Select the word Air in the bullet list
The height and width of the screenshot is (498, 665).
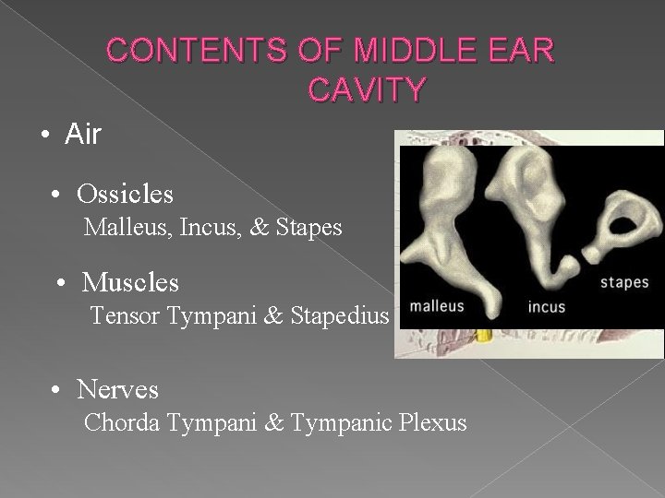pos(83,135)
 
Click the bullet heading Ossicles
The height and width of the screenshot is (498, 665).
pos(125,195)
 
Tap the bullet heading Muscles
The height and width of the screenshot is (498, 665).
pos(130,281)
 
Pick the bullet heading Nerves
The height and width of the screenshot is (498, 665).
pos(118,390)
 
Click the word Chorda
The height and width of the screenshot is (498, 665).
pos(120,423)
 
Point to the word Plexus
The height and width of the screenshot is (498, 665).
pos(434,423)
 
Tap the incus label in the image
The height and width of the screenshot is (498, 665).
pos(547,306)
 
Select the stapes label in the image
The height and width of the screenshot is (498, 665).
pos(625,281)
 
